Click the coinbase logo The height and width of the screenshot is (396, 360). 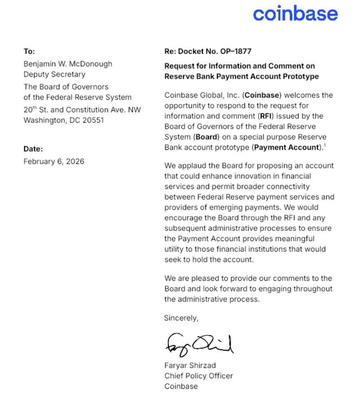click(295, 13)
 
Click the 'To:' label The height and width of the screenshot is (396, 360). click(29, 52)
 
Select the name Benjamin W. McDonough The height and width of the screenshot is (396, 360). click(68, 63)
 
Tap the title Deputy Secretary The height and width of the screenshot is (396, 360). click(54, 74)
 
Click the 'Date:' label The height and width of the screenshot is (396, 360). click(33, 149)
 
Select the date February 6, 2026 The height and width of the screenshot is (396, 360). click(54, 161)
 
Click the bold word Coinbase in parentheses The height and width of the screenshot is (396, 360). click(260, 95)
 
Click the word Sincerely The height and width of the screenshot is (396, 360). click(181, 318)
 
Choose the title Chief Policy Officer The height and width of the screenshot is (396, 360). click(199, 376)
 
